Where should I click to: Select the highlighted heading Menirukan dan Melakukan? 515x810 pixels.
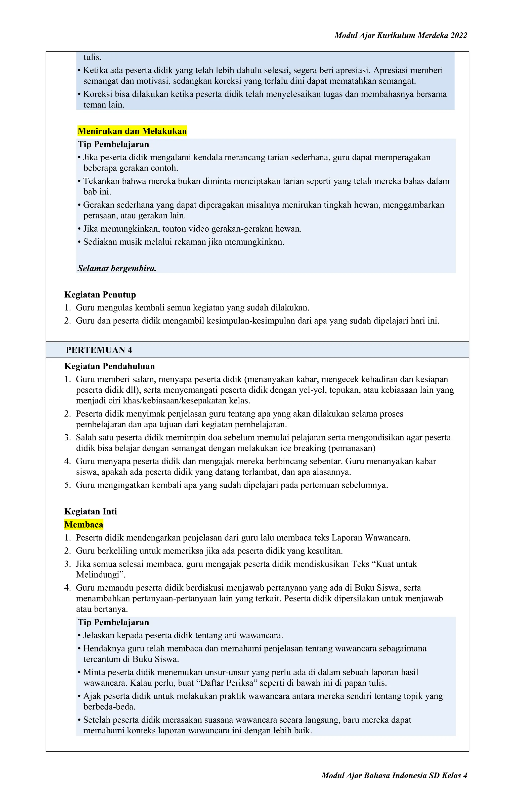(132, 131)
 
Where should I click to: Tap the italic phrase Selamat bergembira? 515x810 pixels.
(117, 268)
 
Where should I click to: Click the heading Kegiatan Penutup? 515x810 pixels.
(100, 295)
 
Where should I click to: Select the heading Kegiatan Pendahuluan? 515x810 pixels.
(109, 366)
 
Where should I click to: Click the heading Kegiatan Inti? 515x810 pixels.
(91, 512)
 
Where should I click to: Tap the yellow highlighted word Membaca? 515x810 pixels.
(84, 525)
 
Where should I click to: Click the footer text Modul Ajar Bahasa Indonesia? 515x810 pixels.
(374, 776)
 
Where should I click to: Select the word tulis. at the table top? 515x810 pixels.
(93, 57)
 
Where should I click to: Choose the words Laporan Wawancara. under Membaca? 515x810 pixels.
(371, 538)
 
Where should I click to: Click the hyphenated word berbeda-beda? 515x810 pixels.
(109, 707)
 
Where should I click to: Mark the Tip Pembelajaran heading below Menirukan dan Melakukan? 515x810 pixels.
(113, 145)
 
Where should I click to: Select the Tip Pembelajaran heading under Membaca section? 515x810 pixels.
(113, 623)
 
